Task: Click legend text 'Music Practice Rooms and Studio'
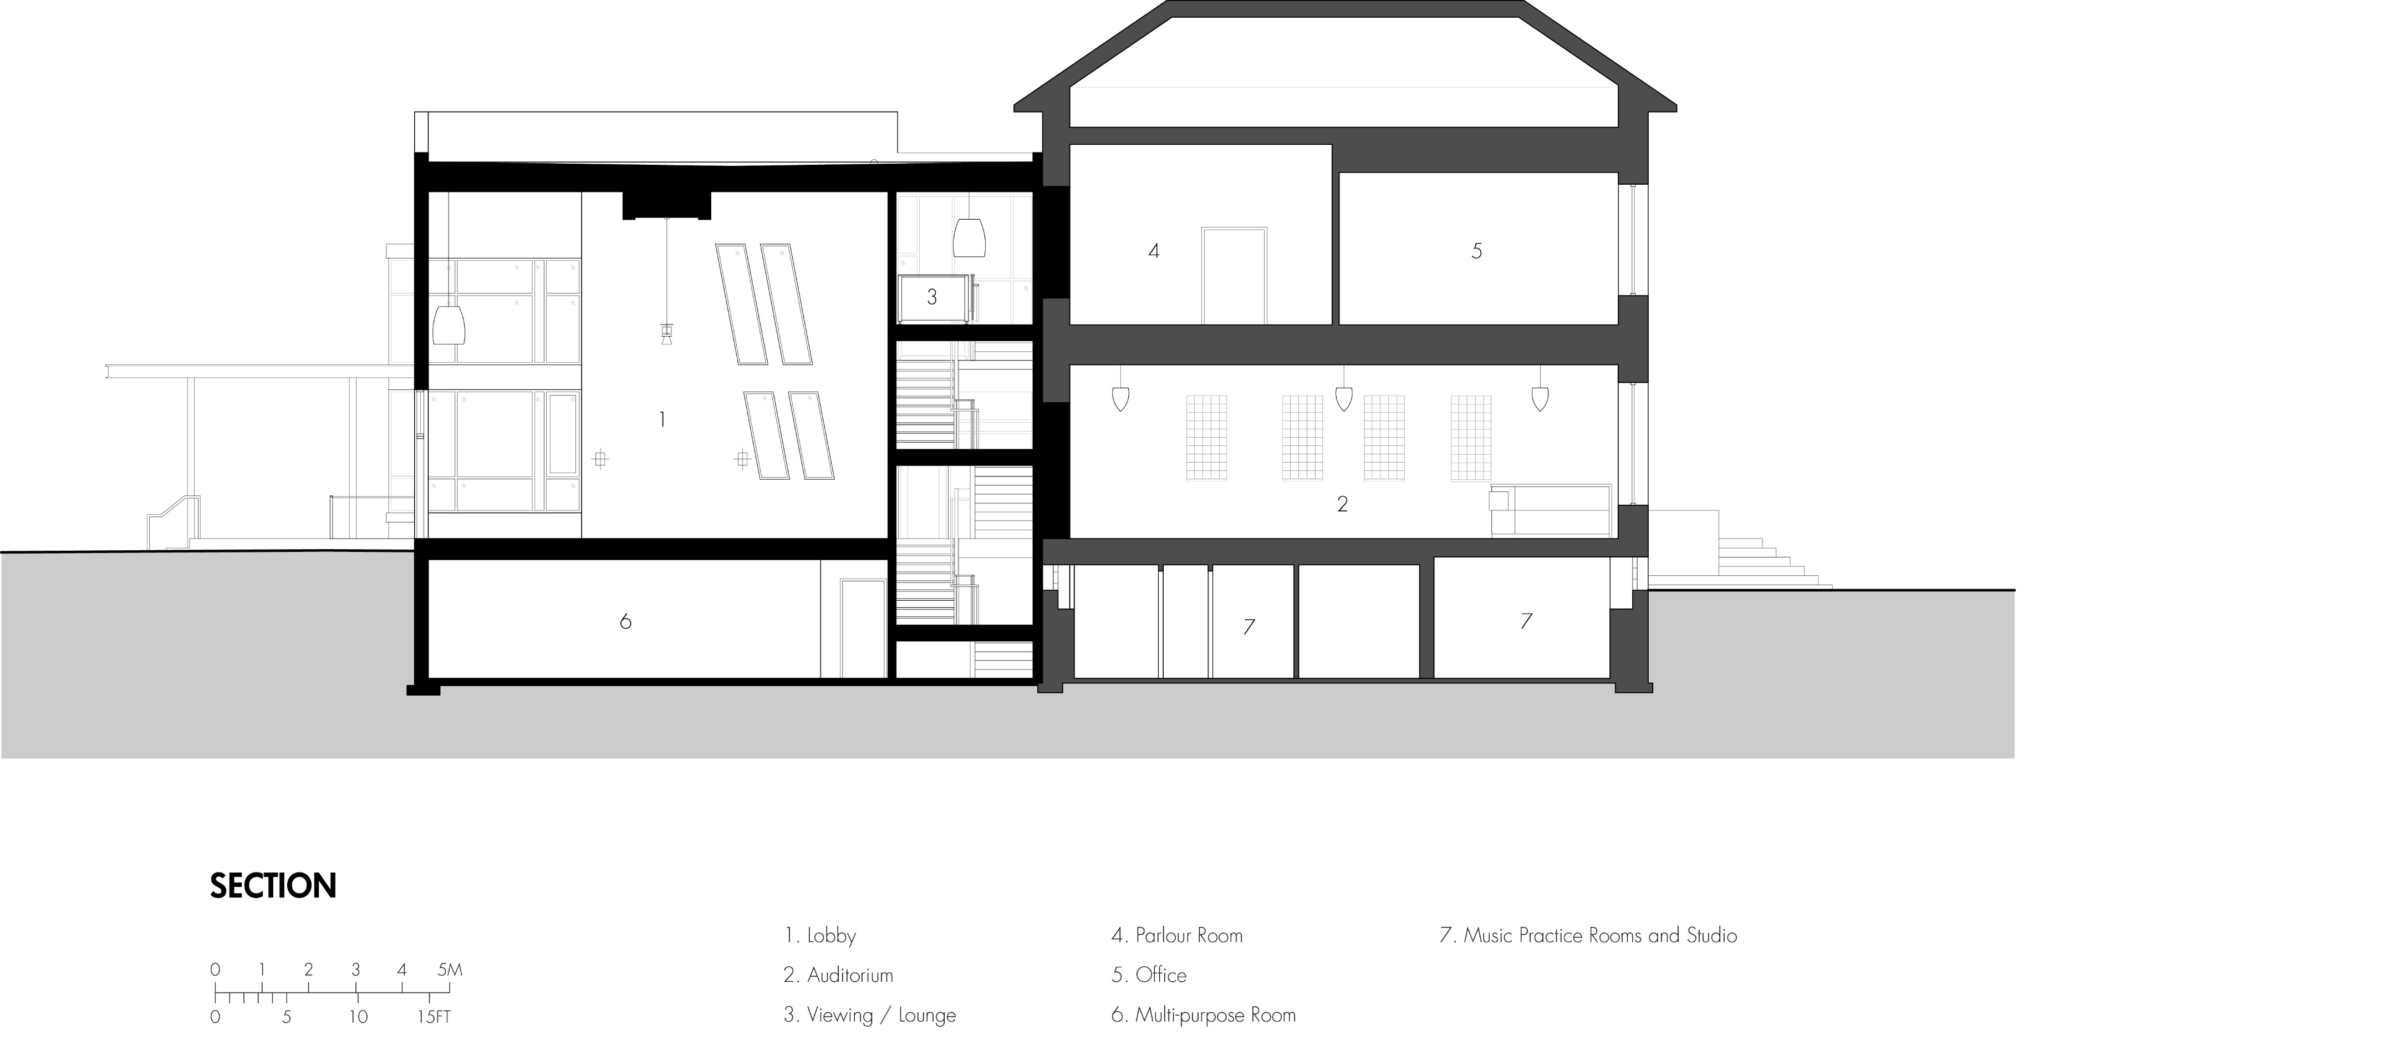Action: (x=1600, y=935)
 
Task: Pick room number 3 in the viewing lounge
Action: (x=931, y=297)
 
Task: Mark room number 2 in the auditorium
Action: (x=1342, y=504)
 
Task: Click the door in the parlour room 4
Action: (x=1234, y=275)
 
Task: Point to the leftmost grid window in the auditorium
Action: (x=1206, y=437)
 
